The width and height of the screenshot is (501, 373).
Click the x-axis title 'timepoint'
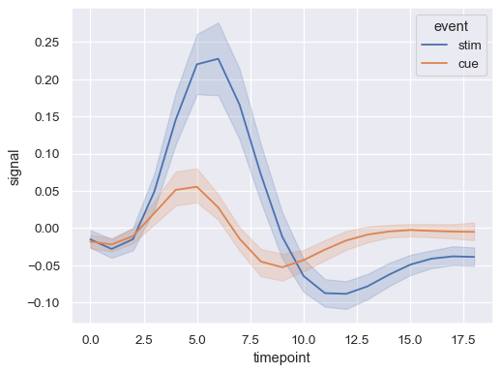[282, 358]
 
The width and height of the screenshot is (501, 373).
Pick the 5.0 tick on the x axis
[197, 340]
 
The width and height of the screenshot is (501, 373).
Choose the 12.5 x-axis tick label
[357, 340]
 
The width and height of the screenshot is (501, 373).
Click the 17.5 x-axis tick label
[463, 340]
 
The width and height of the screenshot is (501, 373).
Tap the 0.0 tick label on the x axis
[91, 340]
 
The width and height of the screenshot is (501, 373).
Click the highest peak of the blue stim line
[219, 59]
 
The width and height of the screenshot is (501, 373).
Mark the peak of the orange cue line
[197, 187]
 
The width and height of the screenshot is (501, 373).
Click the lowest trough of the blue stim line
[346, 294]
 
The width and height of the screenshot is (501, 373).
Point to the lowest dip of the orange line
[282, 266]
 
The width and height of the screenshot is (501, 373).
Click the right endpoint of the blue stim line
[474, 257]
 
